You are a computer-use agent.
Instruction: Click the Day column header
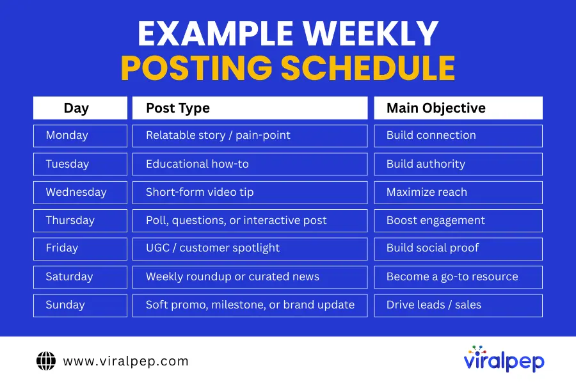(80, 108)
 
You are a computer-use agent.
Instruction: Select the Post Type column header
(250, 108)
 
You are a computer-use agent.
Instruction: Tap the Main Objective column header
(458, 108)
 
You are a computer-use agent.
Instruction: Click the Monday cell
(80, 136)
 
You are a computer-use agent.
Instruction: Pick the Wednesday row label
(80, 192)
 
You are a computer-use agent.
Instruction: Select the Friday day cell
(80, 248)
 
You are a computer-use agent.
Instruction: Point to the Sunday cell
(80, 305)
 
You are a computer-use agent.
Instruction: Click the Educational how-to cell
(250, 164)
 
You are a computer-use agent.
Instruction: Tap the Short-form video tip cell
(250, 192)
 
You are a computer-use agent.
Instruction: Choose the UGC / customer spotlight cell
(250, 248)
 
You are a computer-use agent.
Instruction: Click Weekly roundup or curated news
(250, 277)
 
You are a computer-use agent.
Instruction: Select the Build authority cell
(458, 164)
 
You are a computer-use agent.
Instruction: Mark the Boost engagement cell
(458, 220)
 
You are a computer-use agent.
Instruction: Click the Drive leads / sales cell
(458, 305)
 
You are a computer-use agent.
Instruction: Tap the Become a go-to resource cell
(458, 277)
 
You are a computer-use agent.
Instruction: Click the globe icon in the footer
(46, 361)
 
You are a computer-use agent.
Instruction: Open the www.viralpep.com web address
(125, 361)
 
